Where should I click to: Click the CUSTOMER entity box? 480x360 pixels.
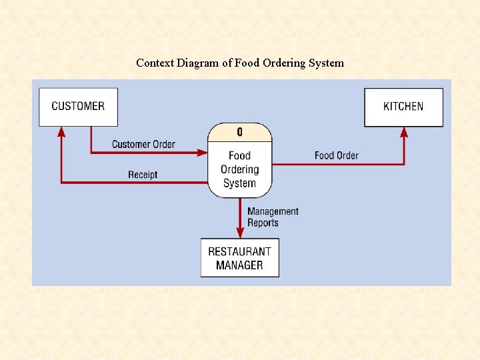[x=78, y=107]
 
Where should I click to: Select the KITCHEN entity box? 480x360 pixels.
[x=403, y=107]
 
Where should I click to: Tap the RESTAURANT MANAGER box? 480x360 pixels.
[x=240, y=258]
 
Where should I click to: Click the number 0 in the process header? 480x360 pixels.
[x=240, y=132]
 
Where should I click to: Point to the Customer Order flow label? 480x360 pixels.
[x=143, y=144]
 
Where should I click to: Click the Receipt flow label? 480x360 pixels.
[x=143, y=175]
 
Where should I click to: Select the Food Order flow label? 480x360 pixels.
[x=336, y=155]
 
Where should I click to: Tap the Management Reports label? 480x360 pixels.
[x=273, y=217]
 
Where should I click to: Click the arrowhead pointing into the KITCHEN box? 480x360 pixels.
[x=404, y=132]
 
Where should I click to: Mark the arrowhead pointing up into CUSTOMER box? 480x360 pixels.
[x=61, y=131]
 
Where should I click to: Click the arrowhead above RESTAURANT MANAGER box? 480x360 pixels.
[x=240, y=232]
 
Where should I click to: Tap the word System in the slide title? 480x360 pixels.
[x=327, y=63]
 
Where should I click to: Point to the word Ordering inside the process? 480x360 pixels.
[x=240, y=169]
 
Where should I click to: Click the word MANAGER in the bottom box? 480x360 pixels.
[x=240, y=265]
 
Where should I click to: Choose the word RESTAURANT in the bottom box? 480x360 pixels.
[x=240, y=251]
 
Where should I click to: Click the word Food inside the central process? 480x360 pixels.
[x=240, y=156]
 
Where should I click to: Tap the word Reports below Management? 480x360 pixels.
[x=263, y=223]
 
